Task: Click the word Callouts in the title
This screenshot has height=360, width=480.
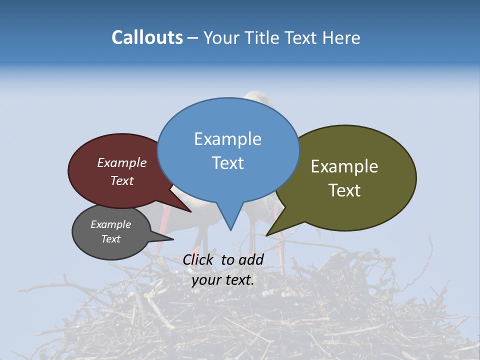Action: pyautogui.click(x=147, y=37)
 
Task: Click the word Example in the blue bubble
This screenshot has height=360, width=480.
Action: pyautogui.click(x=227, y=139)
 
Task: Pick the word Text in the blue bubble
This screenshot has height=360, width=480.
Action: pyautogui.click(x=227, y=163)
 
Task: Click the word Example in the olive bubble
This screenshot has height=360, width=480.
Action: pyautogui.click(x=344, y=166)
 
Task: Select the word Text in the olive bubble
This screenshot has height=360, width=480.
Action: pyautogui.click(x=344, y=190)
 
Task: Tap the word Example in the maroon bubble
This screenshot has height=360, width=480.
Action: pyautogui.click(x=121, y=163)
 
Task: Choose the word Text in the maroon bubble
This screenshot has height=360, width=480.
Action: pyautogui.click(x=121, y=181)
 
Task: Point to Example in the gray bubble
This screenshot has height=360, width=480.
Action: pyautogui.click(x=110, y=224)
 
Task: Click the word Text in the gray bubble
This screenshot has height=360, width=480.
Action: pyautogui.click(x=110, y=239)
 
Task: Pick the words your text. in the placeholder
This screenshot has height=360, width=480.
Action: pyautogui.click(x=223, y=280)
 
